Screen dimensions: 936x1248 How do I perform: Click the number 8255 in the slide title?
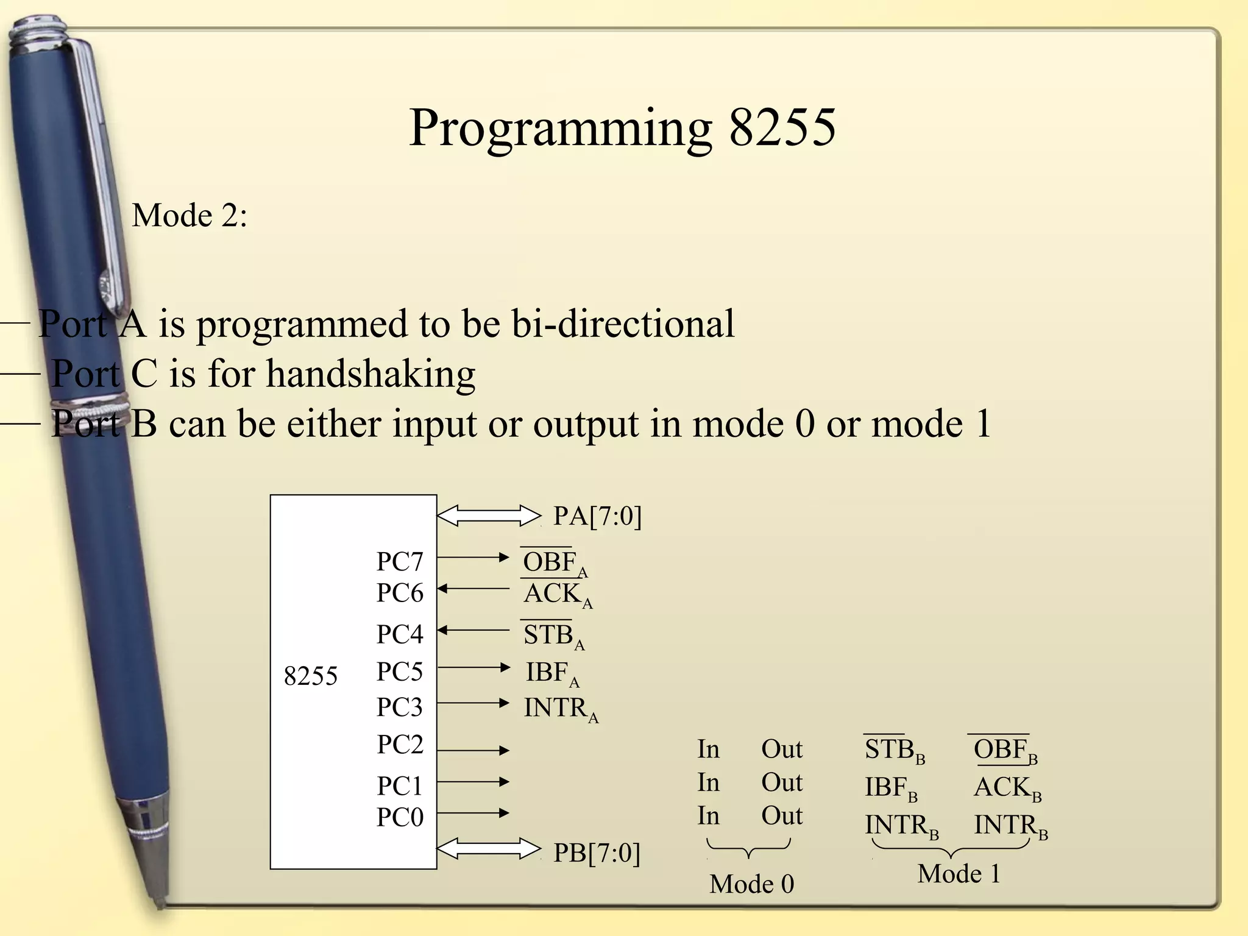(x=782, y=127)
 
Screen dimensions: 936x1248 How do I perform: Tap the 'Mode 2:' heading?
(x=190, y=216)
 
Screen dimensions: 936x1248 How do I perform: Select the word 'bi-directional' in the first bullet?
(x=622, y=324)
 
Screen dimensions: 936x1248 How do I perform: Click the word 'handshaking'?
(x=370, y=374)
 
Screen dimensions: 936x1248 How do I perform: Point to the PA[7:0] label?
(x=597, y=516)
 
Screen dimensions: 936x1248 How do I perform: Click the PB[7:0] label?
(x=597, y=853)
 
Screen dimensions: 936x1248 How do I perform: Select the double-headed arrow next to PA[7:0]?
(x=489, y=516)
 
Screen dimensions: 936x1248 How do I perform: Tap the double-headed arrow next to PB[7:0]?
(x=489, y=848)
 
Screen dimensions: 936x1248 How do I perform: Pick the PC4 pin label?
(x=399, y=634)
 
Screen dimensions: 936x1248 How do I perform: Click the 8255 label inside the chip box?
(x=310, y=676)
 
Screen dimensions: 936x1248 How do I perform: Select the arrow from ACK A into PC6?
(x=473, y=589)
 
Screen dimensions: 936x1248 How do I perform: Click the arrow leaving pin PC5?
(x=473, y=667)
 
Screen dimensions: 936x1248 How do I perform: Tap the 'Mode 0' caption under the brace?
(x=751, y=884)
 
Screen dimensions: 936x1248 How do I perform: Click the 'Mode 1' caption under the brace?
(x=959, y=874)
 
